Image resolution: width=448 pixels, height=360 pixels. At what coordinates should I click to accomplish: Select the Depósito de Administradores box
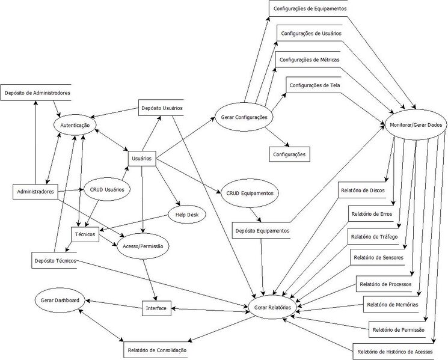click(37, 93)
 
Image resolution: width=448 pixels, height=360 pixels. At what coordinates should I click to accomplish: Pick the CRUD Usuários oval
click(106, 189)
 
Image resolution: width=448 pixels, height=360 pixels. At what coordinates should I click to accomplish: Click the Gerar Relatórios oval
click(273, 307)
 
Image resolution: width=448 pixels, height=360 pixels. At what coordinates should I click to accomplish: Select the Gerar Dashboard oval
click(60, 299)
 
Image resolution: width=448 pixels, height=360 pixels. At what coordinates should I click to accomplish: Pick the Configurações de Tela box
click(313, 85)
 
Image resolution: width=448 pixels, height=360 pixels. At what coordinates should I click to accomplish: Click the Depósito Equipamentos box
click(262, 230)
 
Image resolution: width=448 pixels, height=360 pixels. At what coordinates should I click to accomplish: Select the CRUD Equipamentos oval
click(251, 193)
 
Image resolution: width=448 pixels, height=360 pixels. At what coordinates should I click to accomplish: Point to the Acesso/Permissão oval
click(143, 245)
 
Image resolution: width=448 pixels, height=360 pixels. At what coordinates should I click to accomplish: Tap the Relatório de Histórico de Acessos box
click(399, 351)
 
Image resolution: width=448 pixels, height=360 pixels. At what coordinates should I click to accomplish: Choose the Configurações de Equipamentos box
click(310, 8)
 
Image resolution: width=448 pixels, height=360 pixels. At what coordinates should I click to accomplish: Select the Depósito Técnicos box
click(55, 260)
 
